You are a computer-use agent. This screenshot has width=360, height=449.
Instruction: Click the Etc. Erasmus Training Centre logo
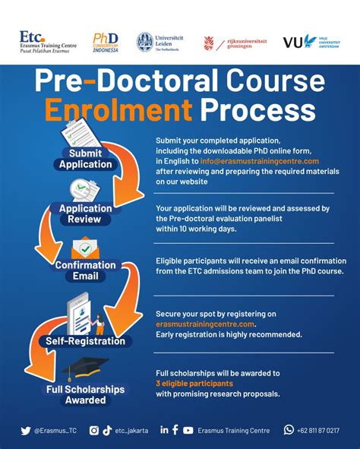47,42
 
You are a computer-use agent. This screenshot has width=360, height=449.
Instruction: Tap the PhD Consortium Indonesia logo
106,42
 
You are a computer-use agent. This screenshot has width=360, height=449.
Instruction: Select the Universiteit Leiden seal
144,43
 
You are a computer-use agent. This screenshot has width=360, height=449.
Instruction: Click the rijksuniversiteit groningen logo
232,43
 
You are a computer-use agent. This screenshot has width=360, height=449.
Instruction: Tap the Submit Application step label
86,158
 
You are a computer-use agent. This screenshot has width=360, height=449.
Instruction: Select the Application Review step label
85,213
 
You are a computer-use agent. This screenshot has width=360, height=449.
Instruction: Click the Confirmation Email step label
85,270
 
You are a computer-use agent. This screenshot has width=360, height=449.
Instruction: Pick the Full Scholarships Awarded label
85,394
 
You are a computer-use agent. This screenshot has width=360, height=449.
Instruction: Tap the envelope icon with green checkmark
85,249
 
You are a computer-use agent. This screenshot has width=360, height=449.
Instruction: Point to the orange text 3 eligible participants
194,383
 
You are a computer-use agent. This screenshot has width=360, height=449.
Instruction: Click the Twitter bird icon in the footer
26,430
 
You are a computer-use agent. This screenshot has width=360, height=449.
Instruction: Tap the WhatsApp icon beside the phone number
289,430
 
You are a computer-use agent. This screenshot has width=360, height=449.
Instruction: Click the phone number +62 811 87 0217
319,430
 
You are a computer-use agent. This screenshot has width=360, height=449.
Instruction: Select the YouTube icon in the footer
188,430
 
